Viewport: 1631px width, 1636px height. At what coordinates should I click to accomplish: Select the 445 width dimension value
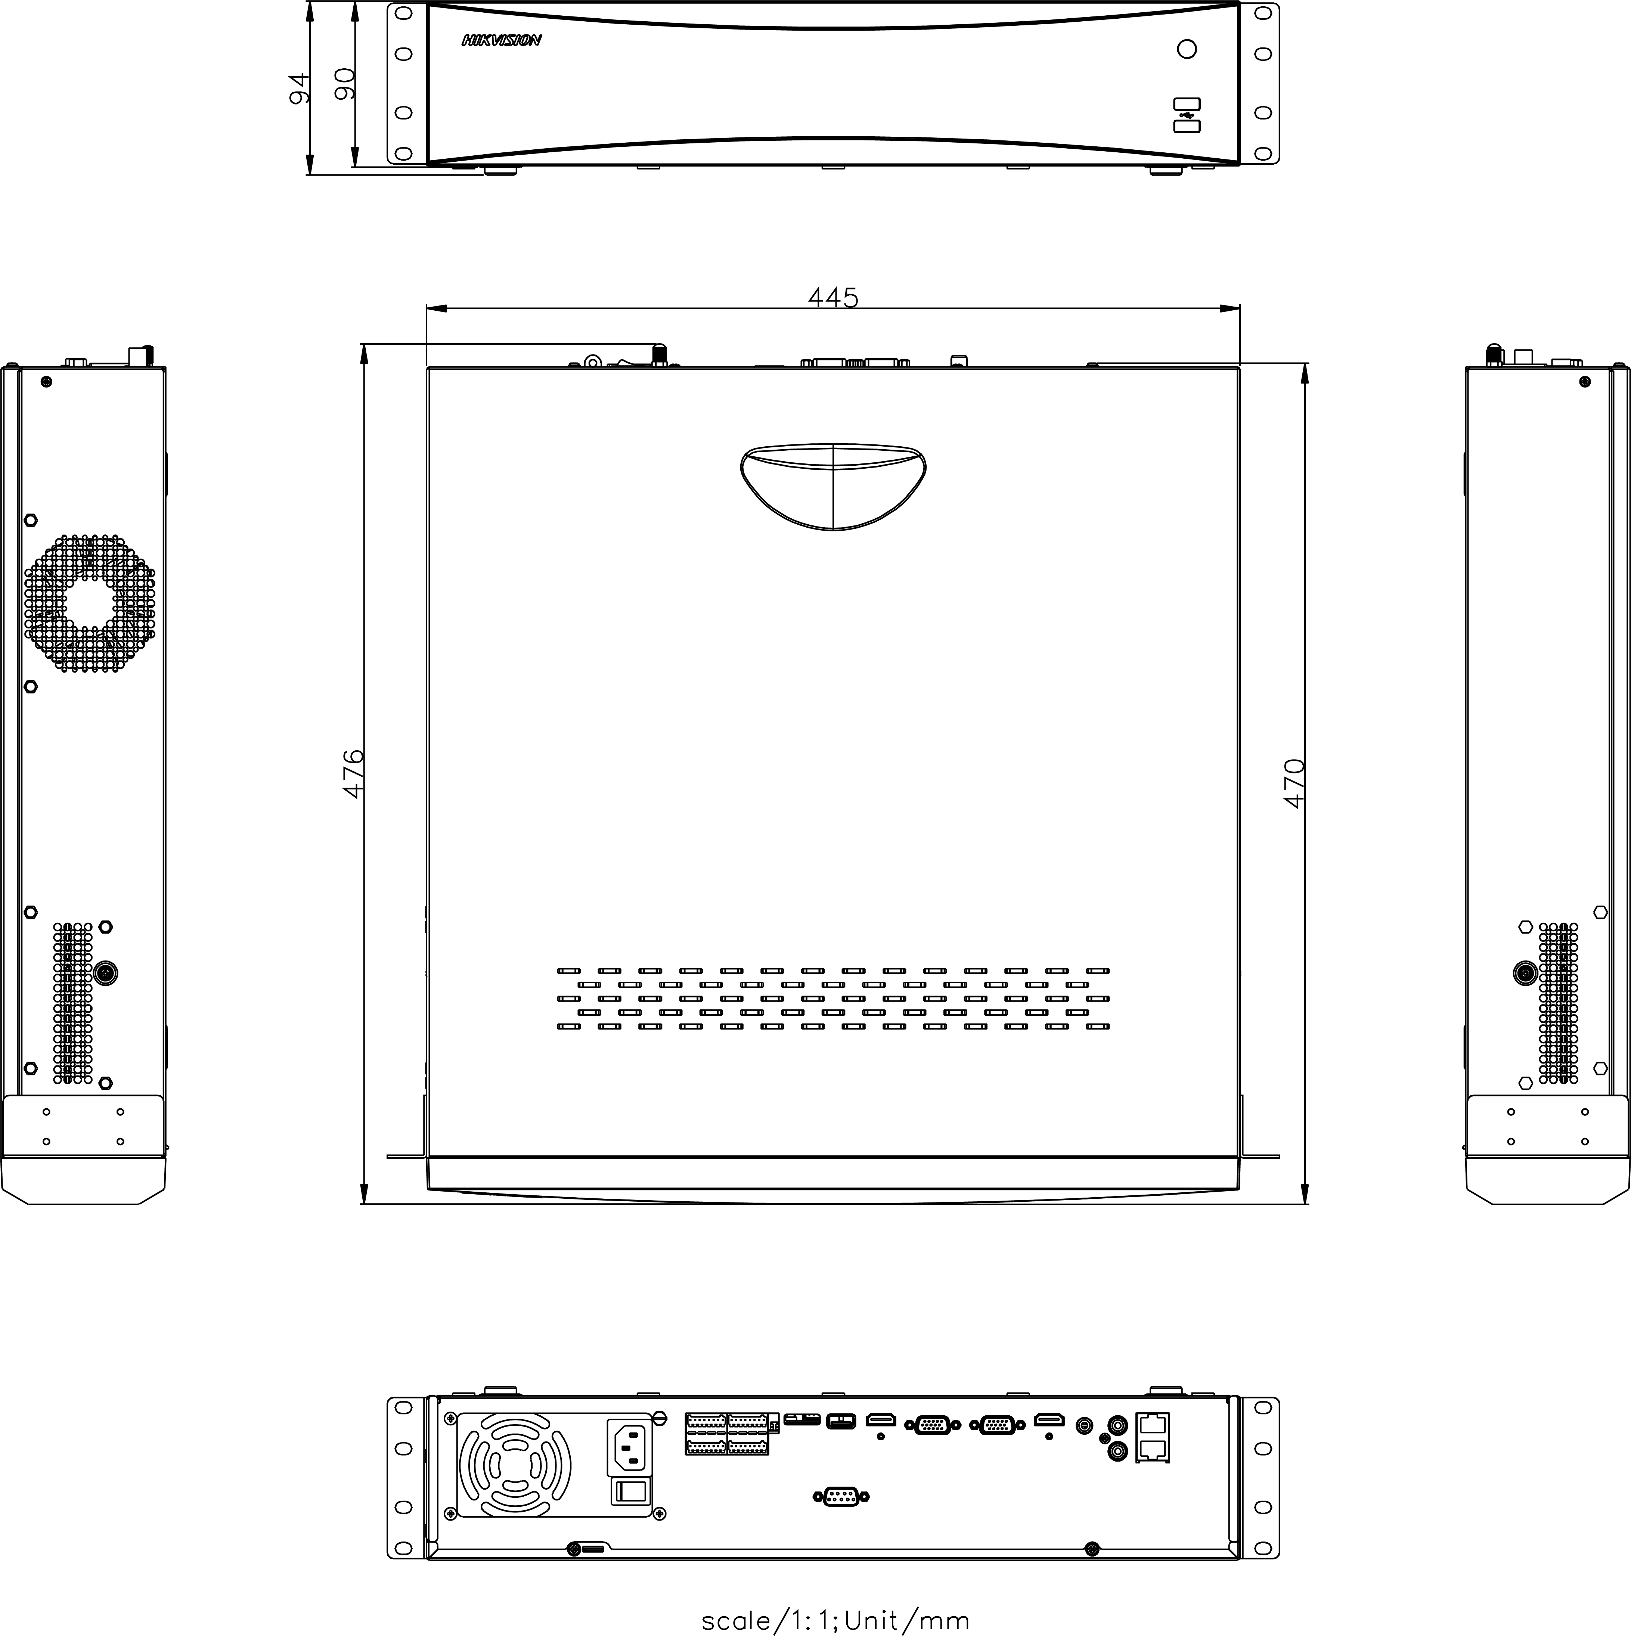(833, 297)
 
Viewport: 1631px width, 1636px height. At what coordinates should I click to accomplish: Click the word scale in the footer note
(735, 1620)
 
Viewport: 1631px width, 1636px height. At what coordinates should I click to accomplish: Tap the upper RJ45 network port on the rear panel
(1152, 1424)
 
